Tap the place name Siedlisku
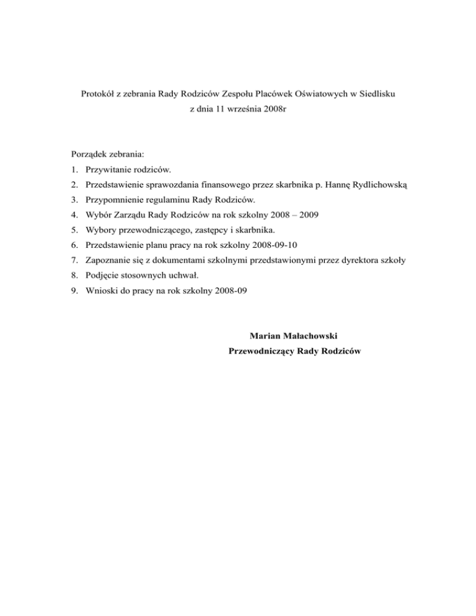tap(376, 94)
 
